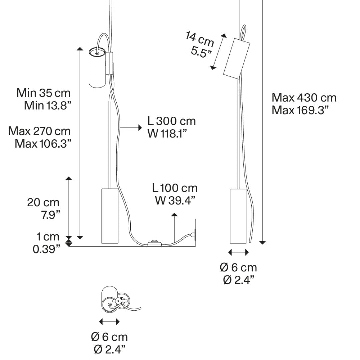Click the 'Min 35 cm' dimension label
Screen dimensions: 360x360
tap(43, 93)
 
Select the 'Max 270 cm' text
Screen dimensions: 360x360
tap(39, 131)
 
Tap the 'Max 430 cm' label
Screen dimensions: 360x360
tap(304, 98)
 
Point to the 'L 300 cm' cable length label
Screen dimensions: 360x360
tap(172, 121)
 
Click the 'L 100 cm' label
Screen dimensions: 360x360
tap(175, 188)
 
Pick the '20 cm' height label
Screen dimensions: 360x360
tap(43, 203)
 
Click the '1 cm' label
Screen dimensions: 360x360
tap(48, 236)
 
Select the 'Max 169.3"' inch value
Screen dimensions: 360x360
tap(300, 110)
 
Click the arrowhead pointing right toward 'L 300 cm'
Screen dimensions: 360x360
tap(140, 127)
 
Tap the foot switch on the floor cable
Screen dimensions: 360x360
tap(154, 243)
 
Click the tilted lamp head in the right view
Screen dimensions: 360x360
tap(237, 58)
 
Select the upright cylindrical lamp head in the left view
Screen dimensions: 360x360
tap(97, 67)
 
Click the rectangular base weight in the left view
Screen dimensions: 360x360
tap(110, 216)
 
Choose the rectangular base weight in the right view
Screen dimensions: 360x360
tap(238, 216)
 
